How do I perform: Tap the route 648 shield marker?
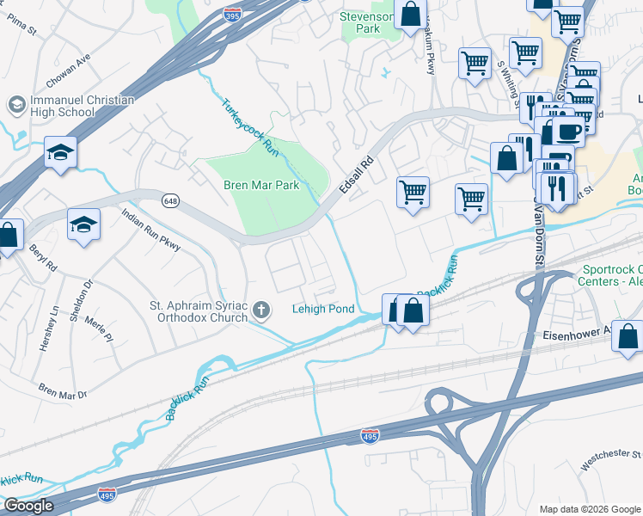[168, 200]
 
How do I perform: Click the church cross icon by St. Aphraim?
[261, 310]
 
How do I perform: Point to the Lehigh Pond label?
[323, 310]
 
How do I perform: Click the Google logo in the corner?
[28, 506]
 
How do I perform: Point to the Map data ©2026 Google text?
[589, 509]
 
